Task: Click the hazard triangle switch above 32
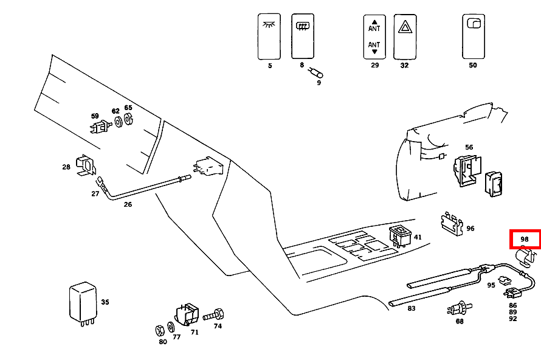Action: [404, 36]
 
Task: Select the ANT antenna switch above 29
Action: [374, 36]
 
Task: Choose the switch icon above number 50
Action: [473, 36]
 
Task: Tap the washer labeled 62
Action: [119, 122]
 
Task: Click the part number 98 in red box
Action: [525, 240]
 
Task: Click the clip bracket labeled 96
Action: [452, 224]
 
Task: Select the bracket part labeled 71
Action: [187, 314]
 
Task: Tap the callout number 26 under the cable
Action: [128, 204]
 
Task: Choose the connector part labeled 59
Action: [97, 127]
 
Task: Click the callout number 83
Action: [412, 308]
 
